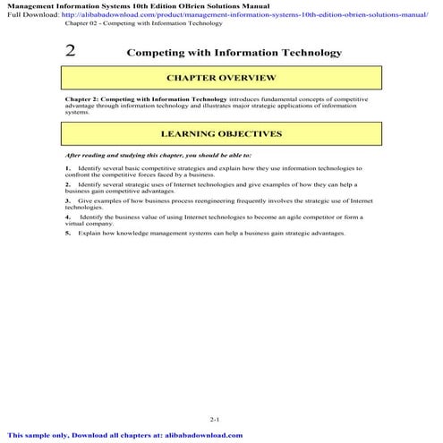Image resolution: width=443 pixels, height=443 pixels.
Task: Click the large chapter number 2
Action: (x=70, y=52)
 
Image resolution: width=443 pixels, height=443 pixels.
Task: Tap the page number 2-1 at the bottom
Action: (x=214, y=419)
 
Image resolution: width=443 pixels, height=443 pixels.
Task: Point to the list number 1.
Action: (x=67, y=167)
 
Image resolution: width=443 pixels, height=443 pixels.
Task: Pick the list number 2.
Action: (x=67, y=183)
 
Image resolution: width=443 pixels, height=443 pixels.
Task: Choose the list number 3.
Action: (x=67, y=200)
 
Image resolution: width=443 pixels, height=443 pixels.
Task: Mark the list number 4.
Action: (x=67, y=217)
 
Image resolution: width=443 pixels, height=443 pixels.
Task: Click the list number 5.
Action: (x=67, y=233)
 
